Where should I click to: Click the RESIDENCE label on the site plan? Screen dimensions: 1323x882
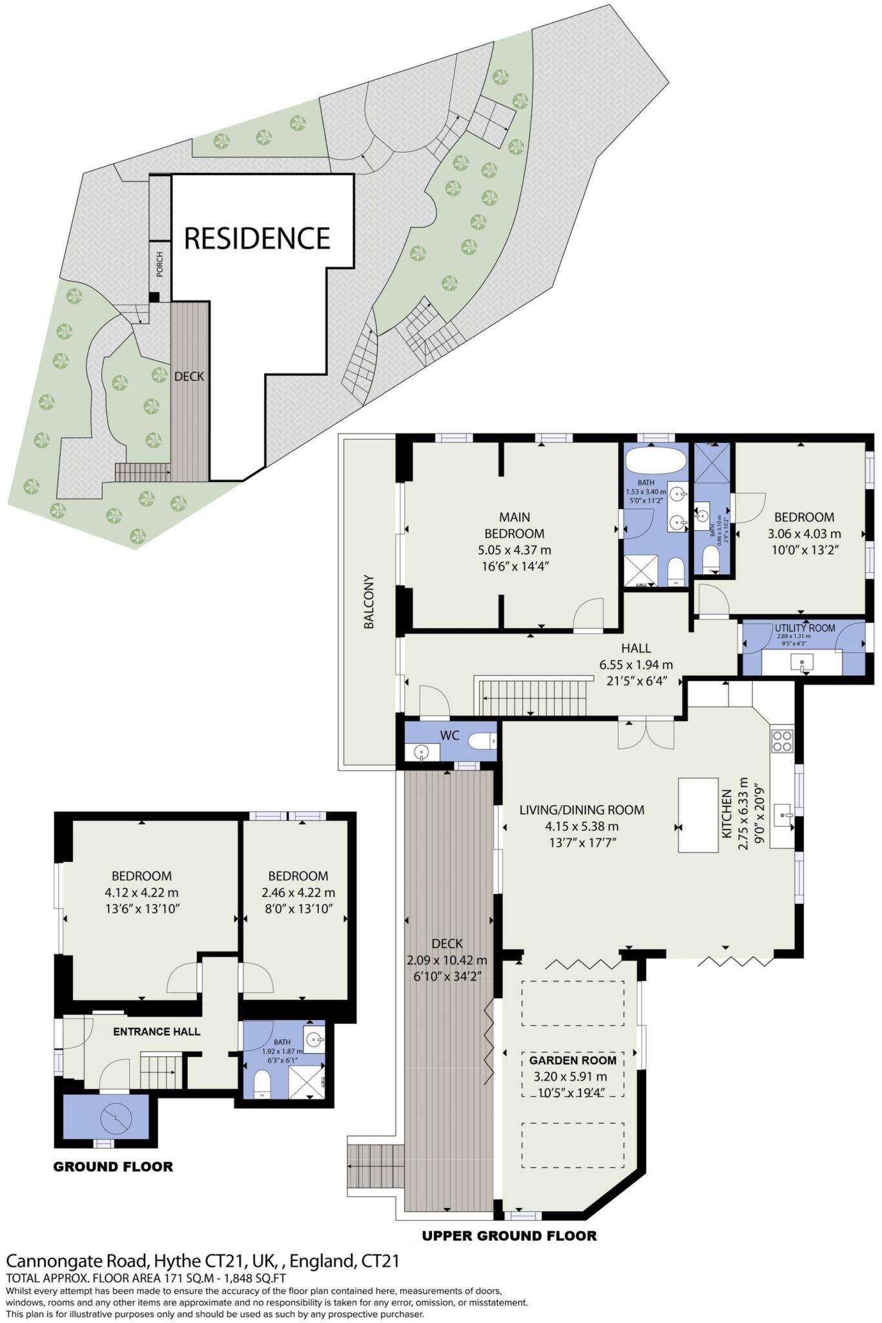click(x=257, y=238)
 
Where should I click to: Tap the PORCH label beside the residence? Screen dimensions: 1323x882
click(x=159, y=264)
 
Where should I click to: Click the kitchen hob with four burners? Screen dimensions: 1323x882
click(x=781, y=740)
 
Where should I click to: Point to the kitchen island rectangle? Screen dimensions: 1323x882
click(x=698, y=815)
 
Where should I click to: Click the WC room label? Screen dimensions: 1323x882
click(x=449, y=735)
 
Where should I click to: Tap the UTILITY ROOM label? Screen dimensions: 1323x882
click(x=805, y=628)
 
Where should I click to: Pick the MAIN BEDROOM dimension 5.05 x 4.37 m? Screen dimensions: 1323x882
click(x=514, y=550)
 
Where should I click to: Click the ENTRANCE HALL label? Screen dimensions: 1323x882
click(x=156, y=1032)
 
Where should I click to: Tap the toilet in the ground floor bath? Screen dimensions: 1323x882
click(x=263, y=1084)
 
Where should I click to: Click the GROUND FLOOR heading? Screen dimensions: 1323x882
click(x=113, y=1167)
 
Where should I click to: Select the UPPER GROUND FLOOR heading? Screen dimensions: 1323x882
click(x=509, y=1236)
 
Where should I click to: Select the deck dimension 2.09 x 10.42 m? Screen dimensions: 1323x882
click(x=447, y=960)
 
